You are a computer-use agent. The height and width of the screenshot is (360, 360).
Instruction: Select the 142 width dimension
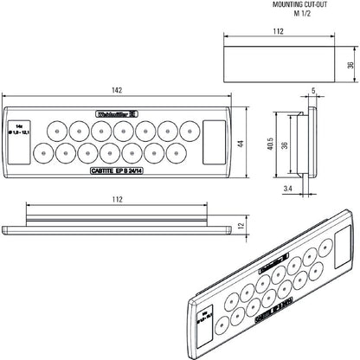118,92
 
